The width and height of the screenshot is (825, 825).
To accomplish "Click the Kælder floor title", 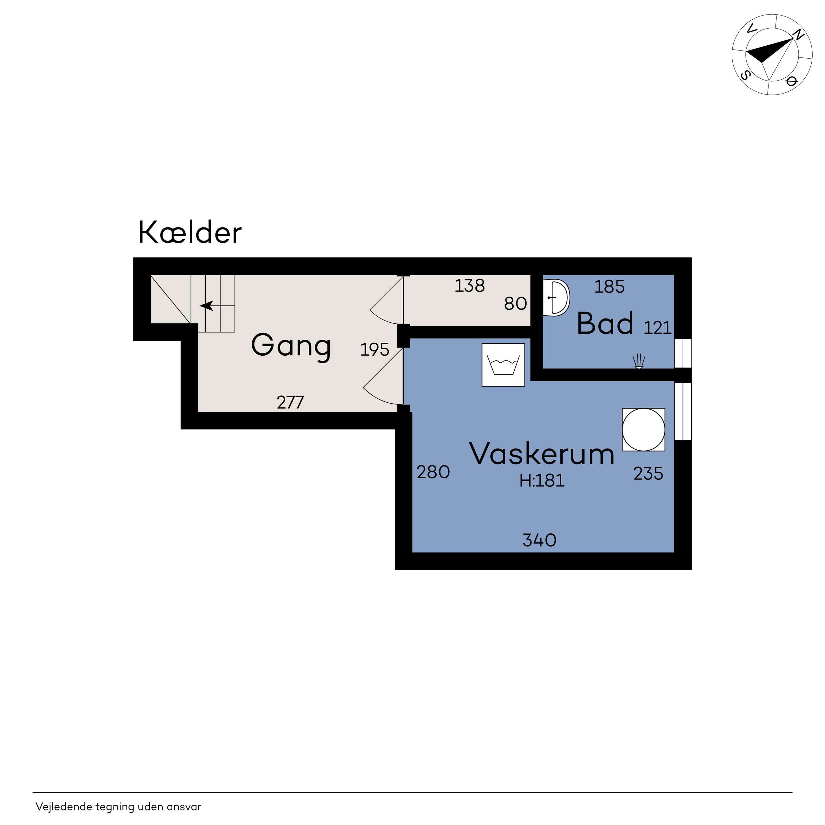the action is (190, 233).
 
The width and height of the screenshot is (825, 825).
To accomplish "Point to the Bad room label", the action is (605, 323).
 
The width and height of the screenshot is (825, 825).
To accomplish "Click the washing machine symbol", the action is (503, 365).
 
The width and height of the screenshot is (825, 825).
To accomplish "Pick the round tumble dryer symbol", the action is (643, 430).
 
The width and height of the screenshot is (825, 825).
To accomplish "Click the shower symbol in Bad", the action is (638, 361).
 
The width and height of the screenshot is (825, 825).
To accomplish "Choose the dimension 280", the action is (433, 472).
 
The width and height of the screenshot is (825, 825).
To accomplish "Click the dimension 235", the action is (648, 473).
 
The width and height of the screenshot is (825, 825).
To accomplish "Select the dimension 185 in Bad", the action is (609, 287).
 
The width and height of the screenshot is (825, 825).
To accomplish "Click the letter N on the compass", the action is (797, 36).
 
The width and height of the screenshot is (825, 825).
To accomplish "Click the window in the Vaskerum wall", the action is (683, 412).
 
